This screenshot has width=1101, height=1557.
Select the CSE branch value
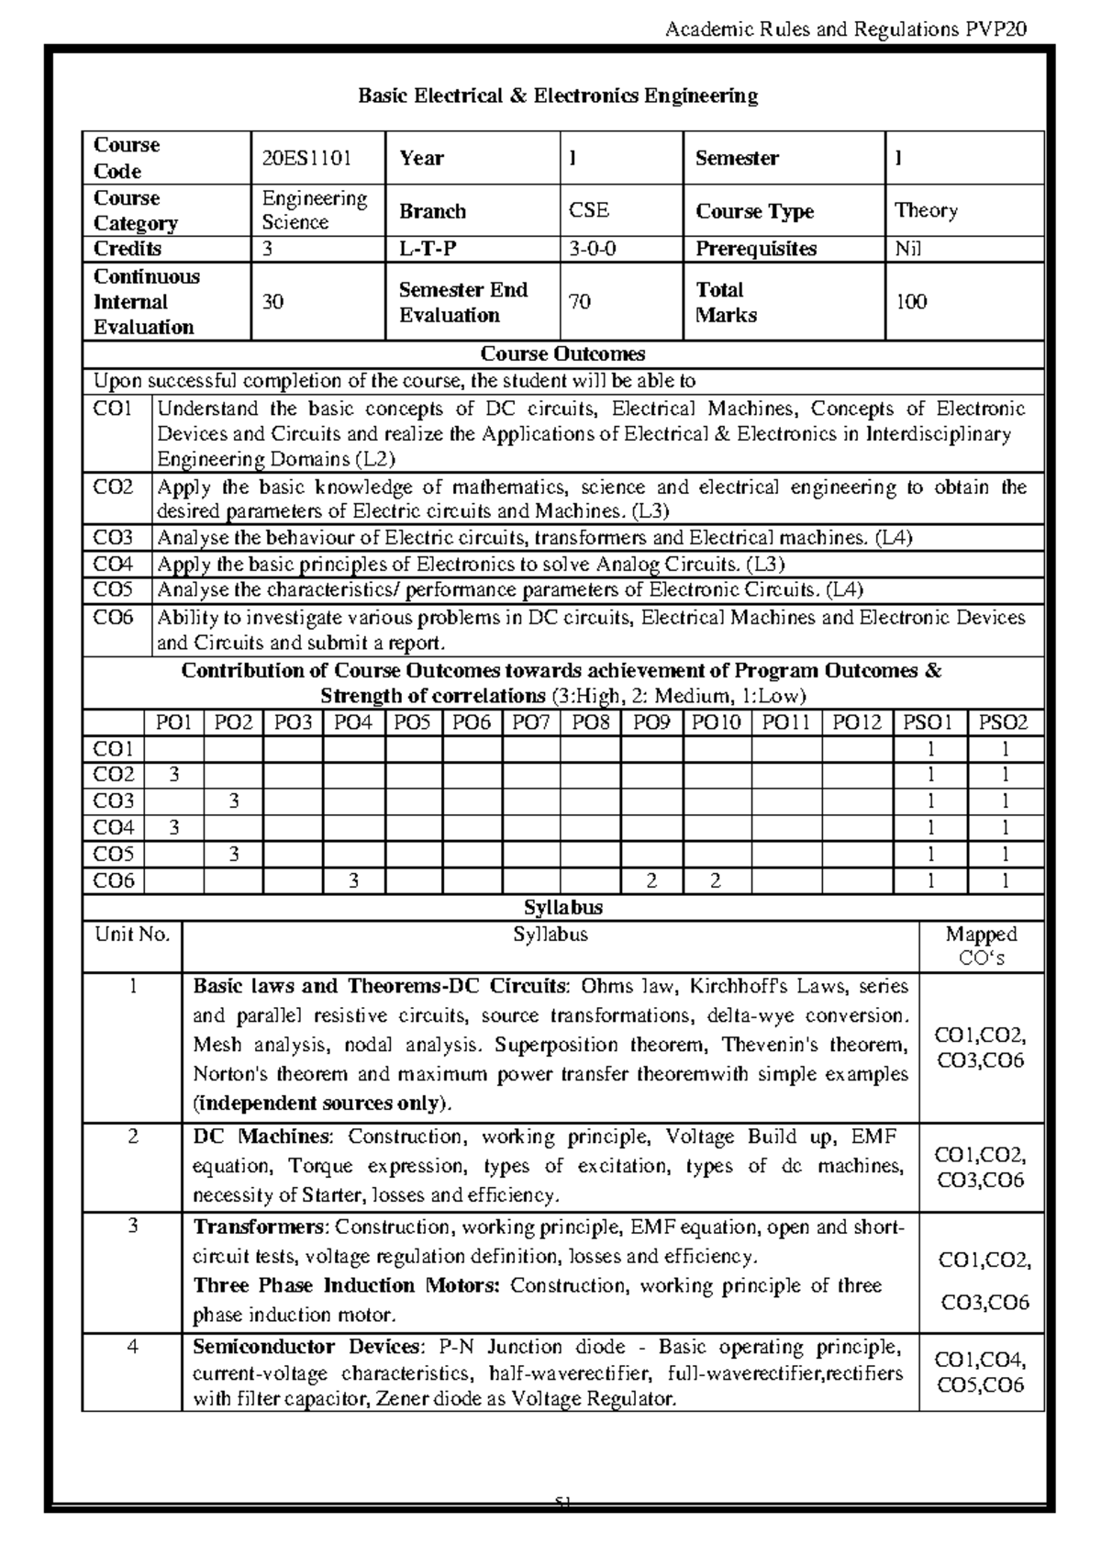point(589,210)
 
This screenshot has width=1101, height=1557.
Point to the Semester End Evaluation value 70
point(580,302)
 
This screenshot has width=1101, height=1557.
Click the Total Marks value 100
point(911,302)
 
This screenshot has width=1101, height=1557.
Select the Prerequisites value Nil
point(907,249)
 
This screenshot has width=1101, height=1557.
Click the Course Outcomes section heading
point(562,354)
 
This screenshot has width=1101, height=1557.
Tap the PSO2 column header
point(1005,723)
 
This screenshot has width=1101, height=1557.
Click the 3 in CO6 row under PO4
point(353,881)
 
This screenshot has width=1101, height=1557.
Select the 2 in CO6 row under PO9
point(651,881)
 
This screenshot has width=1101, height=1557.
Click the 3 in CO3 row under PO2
point(234,801)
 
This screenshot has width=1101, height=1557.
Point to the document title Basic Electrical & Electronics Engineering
point(558,95)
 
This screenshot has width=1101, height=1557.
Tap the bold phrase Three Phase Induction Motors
point(346,1285)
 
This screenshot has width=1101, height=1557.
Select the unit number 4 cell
point(133,1347)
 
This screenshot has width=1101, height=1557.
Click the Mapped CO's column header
point(981,946)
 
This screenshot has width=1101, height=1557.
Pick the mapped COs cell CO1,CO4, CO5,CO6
point(981,1372)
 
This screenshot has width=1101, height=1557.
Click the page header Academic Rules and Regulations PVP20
point(844,29)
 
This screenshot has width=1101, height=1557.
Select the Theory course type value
point(926,210)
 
